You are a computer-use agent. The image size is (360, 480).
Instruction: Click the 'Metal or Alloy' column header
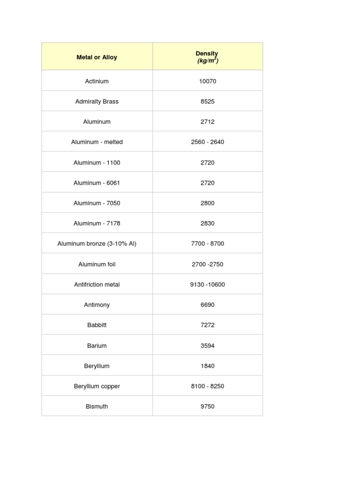click(97, 57)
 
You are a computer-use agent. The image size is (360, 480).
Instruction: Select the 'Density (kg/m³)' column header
click(207, 57)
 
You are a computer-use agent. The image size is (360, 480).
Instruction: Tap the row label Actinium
click(97, 81)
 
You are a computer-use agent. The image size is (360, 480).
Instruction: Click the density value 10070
click(207, 81)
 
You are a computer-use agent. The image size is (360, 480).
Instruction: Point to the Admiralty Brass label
click(97, 101)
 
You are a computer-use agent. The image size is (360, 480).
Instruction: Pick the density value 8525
click(207, 101)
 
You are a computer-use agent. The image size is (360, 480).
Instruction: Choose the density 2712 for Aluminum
click(207, 122)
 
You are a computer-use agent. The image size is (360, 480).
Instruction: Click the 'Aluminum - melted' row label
click(97, 142)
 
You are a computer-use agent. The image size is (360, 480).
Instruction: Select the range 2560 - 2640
click(207, 142)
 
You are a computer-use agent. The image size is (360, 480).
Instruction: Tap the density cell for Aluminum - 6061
click(207, 183)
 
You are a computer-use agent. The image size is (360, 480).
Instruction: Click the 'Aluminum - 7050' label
click(97, 203)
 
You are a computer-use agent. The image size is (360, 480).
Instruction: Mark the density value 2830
click(207, 224)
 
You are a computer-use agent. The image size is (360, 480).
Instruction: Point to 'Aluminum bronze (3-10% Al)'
click(97, 244)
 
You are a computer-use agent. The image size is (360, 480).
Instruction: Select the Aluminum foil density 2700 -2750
click(207, 264)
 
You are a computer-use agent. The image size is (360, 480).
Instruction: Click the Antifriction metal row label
click(97, 285)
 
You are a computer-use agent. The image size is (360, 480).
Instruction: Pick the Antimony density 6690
click(207, 305)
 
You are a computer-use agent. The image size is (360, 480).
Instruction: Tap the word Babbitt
click(97, 325)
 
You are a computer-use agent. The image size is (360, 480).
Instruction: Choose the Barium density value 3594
click(207, 345)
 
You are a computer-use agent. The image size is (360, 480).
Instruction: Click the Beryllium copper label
click(97, 386)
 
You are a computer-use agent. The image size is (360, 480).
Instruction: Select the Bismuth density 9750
click(207, 406)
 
